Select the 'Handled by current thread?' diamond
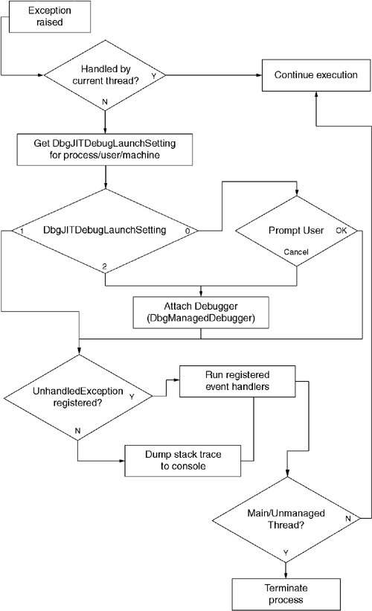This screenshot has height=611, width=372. point(106,74)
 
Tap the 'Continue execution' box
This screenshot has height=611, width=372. point(316,75)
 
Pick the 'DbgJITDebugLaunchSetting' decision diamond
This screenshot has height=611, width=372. point(106,231)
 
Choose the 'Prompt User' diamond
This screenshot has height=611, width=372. point(296,231)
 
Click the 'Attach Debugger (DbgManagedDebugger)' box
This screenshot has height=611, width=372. point(201,310)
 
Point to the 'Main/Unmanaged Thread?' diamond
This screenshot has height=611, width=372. point(287,518)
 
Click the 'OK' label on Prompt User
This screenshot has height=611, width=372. point(341,231)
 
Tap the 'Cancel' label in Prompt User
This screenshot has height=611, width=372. point(296,252)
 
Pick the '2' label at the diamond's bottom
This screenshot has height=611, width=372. point(106,265)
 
